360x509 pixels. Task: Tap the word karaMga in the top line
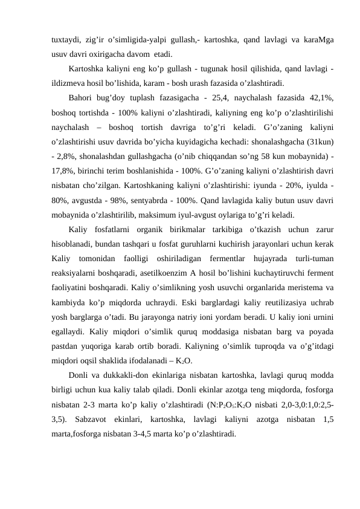pos(318,39)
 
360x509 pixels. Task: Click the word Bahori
pos(82,98)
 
